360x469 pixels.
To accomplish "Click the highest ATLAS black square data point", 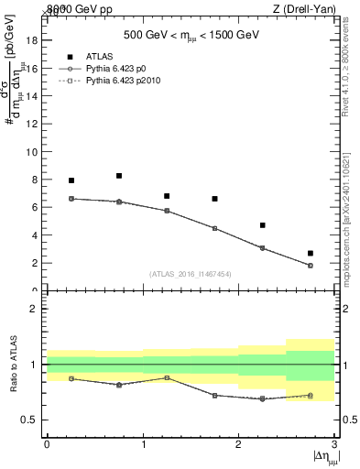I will tap(119, 176).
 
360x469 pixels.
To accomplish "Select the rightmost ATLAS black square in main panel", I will tap(311, 253).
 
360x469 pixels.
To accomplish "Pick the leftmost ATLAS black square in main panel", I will tap(71, 180).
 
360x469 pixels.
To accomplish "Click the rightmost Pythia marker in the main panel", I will tap(311, 266).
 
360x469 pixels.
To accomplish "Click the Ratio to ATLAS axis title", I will tap(13, 365).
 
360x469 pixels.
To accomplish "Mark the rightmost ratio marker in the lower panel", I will tap(311, 396).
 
